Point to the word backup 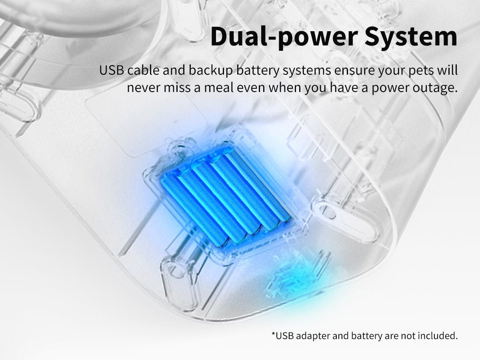coord(210,71)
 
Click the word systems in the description coord(306,71)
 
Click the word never coord(144,88)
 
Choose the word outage coord(435,88)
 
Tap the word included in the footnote coord(438,335)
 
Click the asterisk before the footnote coord(273,334)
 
